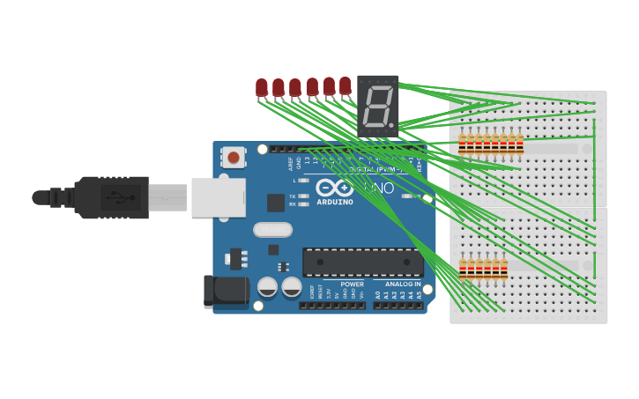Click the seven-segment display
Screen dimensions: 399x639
click(x=377, y=105)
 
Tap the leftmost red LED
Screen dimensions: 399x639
click(x=262, y=87)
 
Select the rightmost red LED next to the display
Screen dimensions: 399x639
click(x=346, y=85)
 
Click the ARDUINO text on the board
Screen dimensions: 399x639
click(x=335, y=202)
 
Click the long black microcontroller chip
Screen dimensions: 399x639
click(x=362, y=262)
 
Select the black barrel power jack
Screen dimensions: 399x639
click(x=220, y=292)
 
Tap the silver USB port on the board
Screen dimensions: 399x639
click(x=218, y=197)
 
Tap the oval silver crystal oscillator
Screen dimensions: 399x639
click(x=272, y=230)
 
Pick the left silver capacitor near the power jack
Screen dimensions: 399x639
click(x=268, y=287)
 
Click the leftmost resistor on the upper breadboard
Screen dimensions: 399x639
click(x=462, y=142)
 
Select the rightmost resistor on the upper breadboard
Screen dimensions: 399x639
click(x=519, y=142)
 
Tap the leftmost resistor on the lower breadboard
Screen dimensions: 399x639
click(x=463, y=268)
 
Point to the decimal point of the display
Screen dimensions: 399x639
click(x=392, y=125)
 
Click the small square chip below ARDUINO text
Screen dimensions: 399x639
click(x=276, y=203)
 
